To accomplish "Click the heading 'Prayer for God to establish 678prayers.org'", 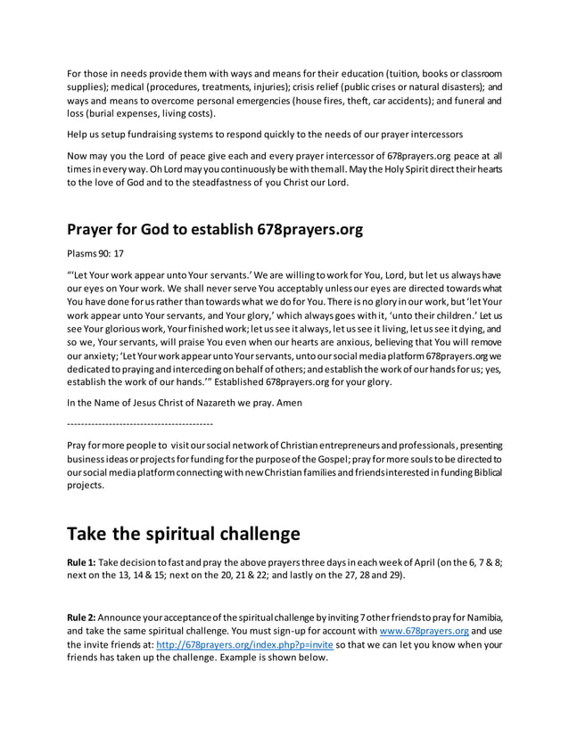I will (215, 230).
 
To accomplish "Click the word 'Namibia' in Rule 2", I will (481, 618).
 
